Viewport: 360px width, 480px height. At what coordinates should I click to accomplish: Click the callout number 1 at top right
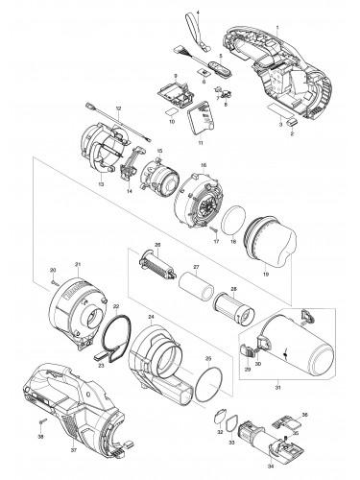(277, 7)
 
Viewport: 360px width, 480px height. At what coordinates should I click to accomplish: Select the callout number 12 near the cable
(117, 108)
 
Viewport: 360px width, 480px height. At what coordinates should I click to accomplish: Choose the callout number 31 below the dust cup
(277, 415)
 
